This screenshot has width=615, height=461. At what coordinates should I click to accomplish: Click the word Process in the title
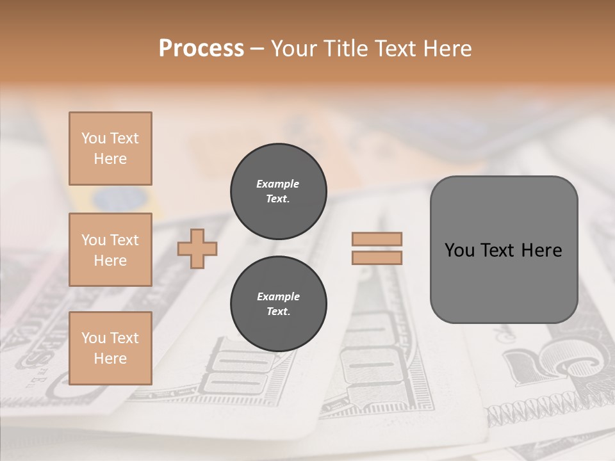tap(201, 49)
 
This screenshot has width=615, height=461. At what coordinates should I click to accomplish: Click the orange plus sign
tap(197, 249)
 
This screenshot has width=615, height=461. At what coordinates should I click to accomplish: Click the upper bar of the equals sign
tap(377, 239)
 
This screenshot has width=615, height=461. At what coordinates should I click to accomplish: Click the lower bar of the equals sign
tap(377, 258)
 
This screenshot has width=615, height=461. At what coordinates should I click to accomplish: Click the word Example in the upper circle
tap(278, 184)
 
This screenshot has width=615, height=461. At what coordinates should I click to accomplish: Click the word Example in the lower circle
tap(278, 296)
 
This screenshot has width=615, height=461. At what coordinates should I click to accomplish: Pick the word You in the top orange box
tap(94, 138)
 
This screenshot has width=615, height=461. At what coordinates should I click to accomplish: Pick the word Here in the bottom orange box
tap(110, 359)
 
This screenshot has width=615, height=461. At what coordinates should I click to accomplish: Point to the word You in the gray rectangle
tap(459, 250)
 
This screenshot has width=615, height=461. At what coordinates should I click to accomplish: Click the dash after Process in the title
tap(258, 49)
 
